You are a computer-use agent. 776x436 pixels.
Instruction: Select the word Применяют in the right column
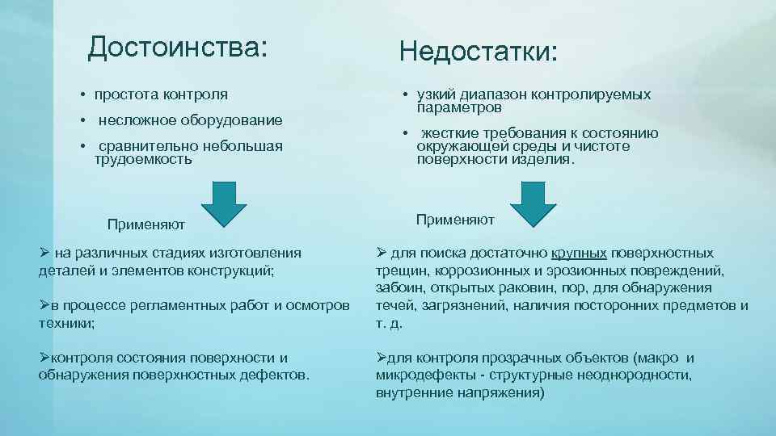pyautogui.click(x=455, y=220)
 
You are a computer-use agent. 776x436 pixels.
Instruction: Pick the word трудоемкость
pyautogui.click(x=143, y=159)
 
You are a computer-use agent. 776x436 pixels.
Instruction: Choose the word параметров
pyautogui.click(x=459, y=107)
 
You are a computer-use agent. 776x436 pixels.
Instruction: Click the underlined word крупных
pyautogui.click(x=580, y=253)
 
